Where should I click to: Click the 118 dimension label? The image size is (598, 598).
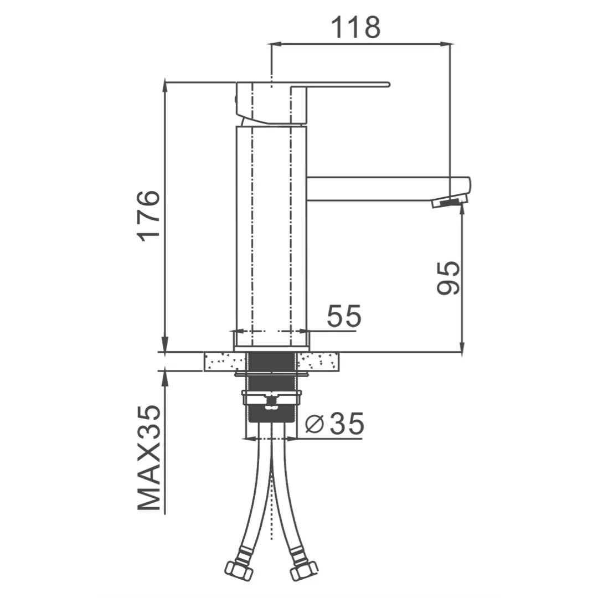(x=355, y=27)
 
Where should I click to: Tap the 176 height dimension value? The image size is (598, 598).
(x=148, y=216)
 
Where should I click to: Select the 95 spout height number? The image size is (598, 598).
(x=448, y=279)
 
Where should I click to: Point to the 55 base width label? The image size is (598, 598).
(x=344, y=316)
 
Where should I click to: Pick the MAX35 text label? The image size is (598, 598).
(x=149, y=457)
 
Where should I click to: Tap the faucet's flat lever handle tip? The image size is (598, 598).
(x=387, y=84)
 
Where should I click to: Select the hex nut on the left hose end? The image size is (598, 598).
(x=239, y=571)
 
